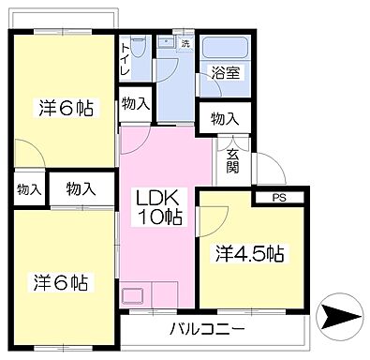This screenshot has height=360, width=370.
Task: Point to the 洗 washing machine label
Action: [x=185, y=43]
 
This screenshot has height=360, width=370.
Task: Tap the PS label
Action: [x=279, y=198]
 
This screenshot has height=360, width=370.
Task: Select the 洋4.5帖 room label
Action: [x=250, y=253]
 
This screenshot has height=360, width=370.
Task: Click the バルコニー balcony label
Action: [x=208, y=329]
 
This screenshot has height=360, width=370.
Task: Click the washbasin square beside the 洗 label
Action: [x=165, y=42]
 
